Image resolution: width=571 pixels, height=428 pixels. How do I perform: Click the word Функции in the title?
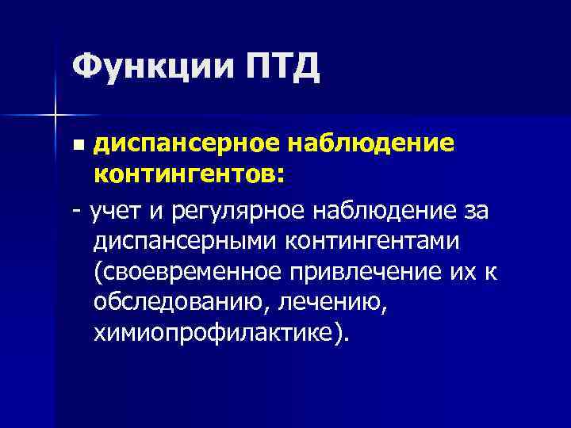point(148,67)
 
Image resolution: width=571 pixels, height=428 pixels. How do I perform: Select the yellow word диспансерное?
point(189,144)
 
